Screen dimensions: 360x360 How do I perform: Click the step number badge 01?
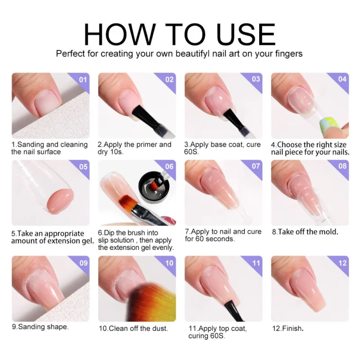click(82, 80)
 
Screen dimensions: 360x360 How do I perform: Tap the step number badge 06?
click(169, 166)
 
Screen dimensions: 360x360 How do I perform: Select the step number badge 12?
click(342, 263)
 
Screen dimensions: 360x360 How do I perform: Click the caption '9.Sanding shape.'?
click(40, 326)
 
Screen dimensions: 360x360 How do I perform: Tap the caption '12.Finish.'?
click(287, 328)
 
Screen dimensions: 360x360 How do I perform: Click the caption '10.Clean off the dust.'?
click(133, 328)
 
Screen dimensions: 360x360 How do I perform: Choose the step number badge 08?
click(342, 166)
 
